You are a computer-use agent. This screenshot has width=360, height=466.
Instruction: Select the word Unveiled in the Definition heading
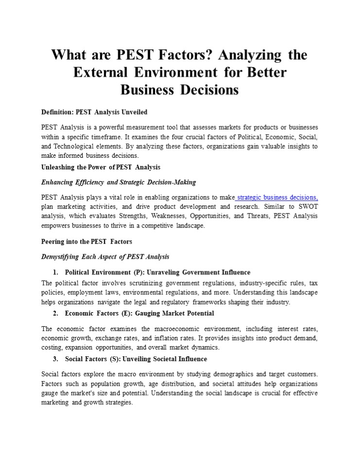point(132,112)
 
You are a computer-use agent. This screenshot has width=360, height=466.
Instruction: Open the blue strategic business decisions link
point(277,198)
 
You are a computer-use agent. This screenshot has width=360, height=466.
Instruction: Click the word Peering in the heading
point(54,241)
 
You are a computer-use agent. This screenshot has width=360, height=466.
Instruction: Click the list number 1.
point(55,272)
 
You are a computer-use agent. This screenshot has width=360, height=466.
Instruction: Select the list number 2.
point(55,313)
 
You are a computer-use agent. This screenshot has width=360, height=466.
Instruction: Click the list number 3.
point(55,359)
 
